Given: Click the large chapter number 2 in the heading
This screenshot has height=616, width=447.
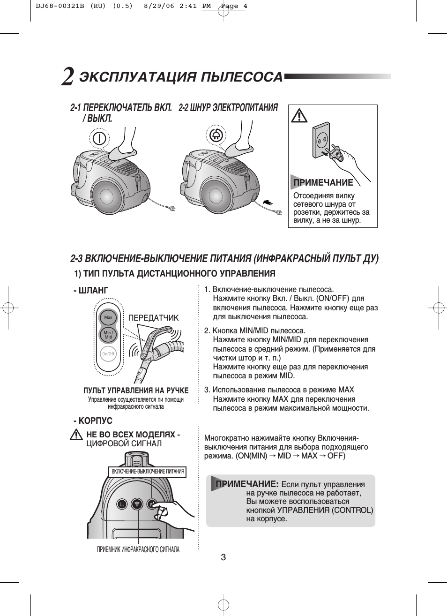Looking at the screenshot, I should pos(67,77).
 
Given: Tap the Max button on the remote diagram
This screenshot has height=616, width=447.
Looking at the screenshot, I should pos(108,317).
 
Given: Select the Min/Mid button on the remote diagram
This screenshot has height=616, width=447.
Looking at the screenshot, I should pos(108,335).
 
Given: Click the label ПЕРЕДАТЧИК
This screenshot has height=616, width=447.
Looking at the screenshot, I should pos(153,318).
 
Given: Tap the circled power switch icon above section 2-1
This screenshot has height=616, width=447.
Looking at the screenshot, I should pos(99,138).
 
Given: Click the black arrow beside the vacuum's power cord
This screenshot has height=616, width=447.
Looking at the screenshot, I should pos(268,202).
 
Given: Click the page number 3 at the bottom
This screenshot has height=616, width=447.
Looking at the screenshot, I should pos(223,557).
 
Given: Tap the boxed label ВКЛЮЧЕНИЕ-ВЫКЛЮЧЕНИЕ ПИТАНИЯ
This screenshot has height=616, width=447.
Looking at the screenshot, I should pos(148,472).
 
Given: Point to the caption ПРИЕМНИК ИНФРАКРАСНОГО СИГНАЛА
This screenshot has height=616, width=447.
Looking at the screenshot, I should pos(138,549).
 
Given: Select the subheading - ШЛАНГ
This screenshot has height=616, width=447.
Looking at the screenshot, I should pos(91,291).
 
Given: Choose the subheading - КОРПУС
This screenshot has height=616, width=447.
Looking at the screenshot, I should pos(93,421).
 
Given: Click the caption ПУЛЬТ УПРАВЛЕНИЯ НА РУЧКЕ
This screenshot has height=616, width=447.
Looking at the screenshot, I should pos(136,391).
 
